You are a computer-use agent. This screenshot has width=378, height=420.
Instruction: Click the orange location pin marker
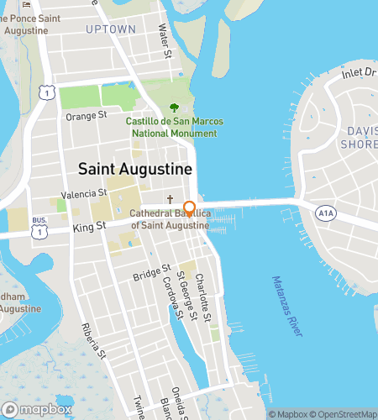tap(190, 209)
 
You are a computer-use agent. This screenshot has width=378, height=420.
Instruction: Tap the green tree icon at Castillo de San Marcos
tap(174, 108)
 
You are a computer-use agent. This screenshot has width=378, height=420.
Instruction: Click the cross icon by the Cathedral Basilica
tap(170, 201)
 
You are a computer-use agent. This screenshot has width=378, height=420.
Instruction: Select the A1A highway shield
tap(325, 214)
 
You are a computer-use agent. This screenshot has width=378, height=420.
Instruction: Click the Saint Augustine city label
tap(135, 169)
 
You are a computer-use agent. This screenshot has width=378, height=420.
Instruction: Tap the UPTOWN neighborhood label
tap(110, 29)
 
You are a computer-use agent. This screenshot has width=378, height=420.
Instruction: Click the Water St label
tap(165, 41)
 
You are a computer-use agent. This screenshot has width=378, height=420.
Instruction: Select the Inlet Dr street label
tap(359, 75)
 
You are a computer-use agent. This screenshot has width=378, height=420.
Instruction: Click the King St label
tap(88, 226)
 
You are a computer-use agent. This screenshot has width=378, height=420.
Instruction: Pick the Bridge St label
tap(151, 276)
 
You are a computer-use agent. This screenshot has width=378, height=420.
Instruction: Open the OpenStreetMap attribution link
tap(344, 413)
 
